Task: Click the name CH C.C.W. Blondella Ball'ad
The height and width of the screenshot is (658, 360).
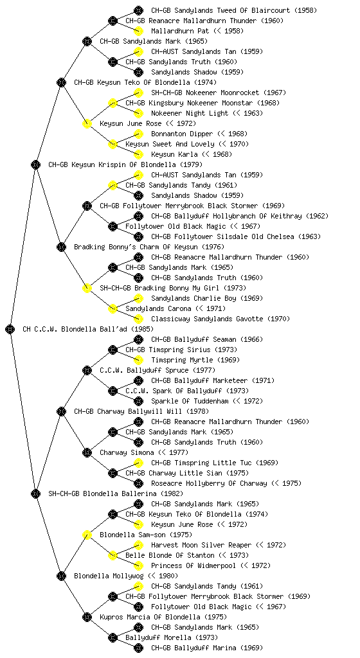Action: (88, 329)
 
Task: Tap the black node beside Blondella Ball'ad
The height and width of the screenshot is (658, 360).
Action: (10, 329)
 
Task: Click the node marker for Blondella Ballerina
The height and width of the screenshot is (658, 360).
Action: (35, 493)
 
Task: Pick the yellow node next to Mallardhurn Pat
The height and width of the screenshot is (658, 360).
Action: (138, 31)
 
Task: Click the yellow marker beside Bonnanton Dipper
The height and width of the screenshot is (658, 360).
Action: (138, 134)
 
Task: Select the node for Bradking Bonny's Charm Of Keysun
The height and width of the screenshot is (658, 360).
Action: (61, 247)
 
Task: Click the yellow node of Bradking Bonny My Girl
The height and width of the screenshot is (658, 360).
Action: (87, 288)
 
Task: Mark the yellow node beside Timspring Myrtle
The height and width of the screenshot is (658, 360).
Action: (138, 360)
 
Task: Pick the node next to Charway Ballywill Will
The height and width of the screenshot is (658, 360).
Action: (61, 411)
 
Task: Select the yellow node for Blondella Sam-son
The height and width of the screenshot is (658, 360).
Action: (87, 535)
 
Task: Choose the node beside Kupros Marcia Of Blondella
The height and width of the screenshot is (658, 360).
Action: (87, 617)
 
